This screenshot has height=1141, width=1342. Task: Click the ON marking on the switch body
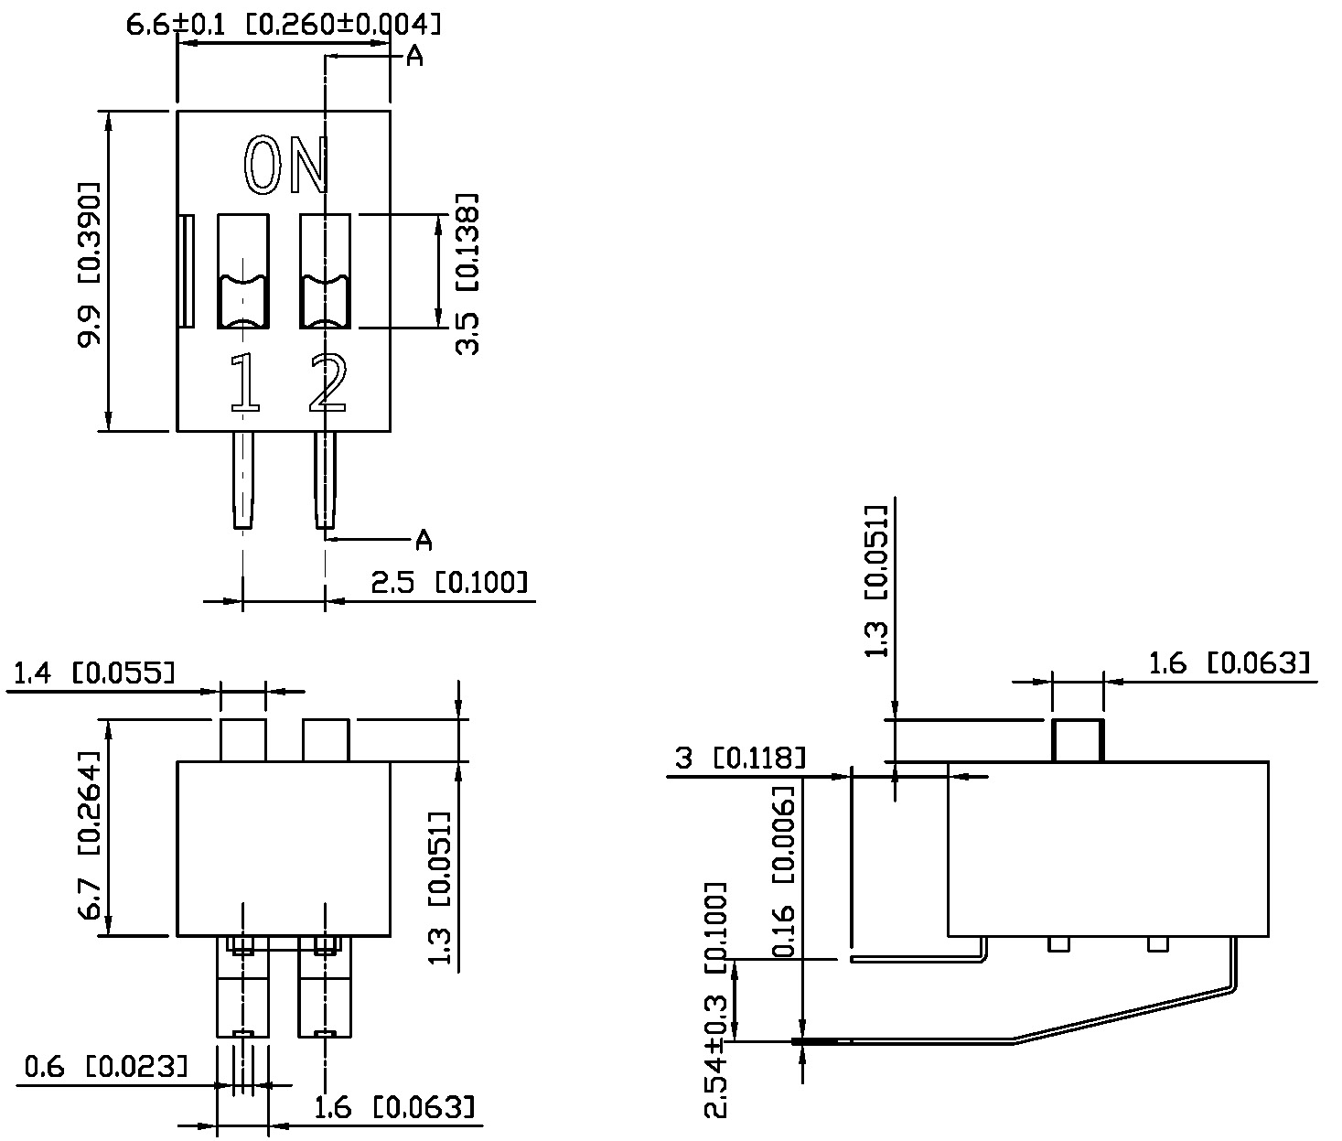click(x=285, y=167)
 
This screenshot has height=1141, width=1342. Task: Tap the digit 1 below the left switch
click(x=243, y=382)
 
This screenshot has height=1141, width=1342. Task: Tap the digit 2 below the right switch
click(x=327, y=382)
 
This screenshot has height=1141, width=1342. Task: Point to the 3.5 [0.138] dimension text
click(x=467, y=274)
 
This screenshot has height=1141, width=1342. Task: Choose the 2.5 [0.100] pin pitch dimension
click(x=449, y=583)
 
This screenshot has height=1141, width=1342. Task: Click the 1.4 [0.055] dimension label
click(x=92, y=675)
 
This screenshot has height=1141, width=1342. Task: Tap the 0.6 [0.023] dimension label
click(x=106, y=1066)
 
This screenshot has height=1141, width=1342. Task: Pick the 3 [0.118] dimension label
click(x=740, y=758)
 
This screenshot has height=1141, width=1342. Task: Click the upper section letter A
click(x=414, y=57)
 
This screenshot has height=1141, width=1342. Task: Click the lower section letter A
click(x=424, y=541)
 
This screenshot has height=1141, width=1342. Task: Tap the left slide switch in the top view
click(x=242, y=272)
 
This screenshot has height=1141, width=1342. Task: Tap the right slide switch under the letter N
click(x=326, y=272)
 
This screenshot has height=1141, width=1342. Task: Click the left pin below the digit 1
click(x=242, y=479)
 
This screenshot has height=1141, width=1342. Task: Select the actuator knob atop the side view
click(x=1078, y=741)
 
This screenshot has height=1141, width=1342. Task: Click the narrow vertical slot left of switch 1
click(x=187, y=272)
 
